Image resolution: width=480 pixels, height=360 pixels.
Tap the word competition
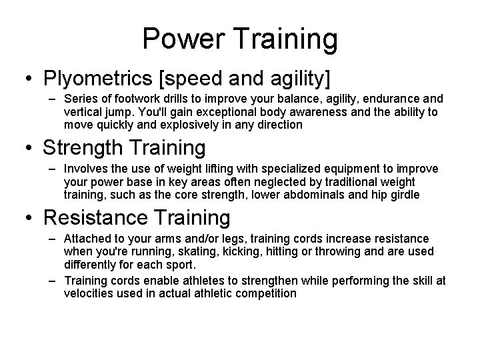tap(263, 293)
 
